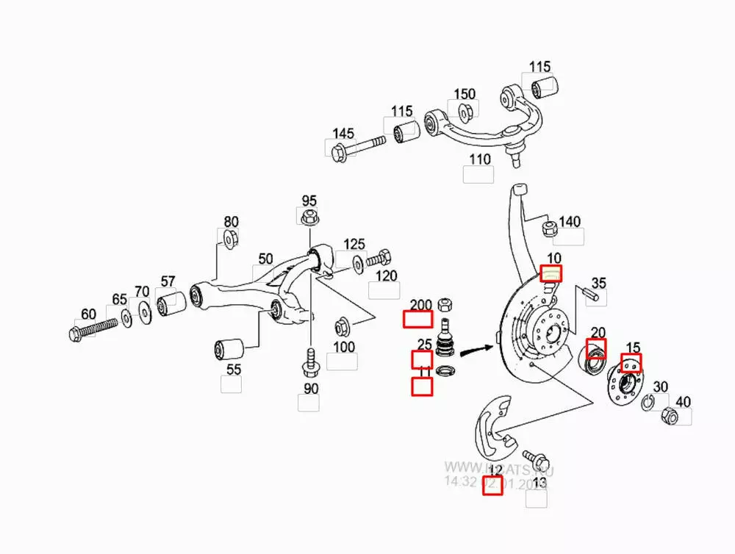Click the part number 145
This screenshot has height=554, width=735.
[343, 134]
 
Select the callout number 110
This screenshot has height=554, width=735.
[479, 159]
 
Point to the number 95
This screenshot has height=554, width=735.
[309, 201]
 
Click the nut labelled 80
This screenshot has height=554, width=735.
[229, 237]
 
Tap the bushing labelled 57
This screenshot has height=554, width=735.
[171, 302]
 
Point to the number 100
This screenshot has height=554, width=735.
[343, 346]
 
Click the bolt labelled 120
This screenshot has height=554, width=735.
[379, 259]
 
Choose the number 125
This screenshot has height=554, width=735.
[354, 244]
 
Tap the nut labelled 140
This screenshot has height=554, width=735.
[548, 227]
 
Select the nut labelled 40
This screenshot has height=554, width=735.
[669, 415]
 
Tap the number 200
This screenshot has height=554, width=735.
[421, 305]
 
